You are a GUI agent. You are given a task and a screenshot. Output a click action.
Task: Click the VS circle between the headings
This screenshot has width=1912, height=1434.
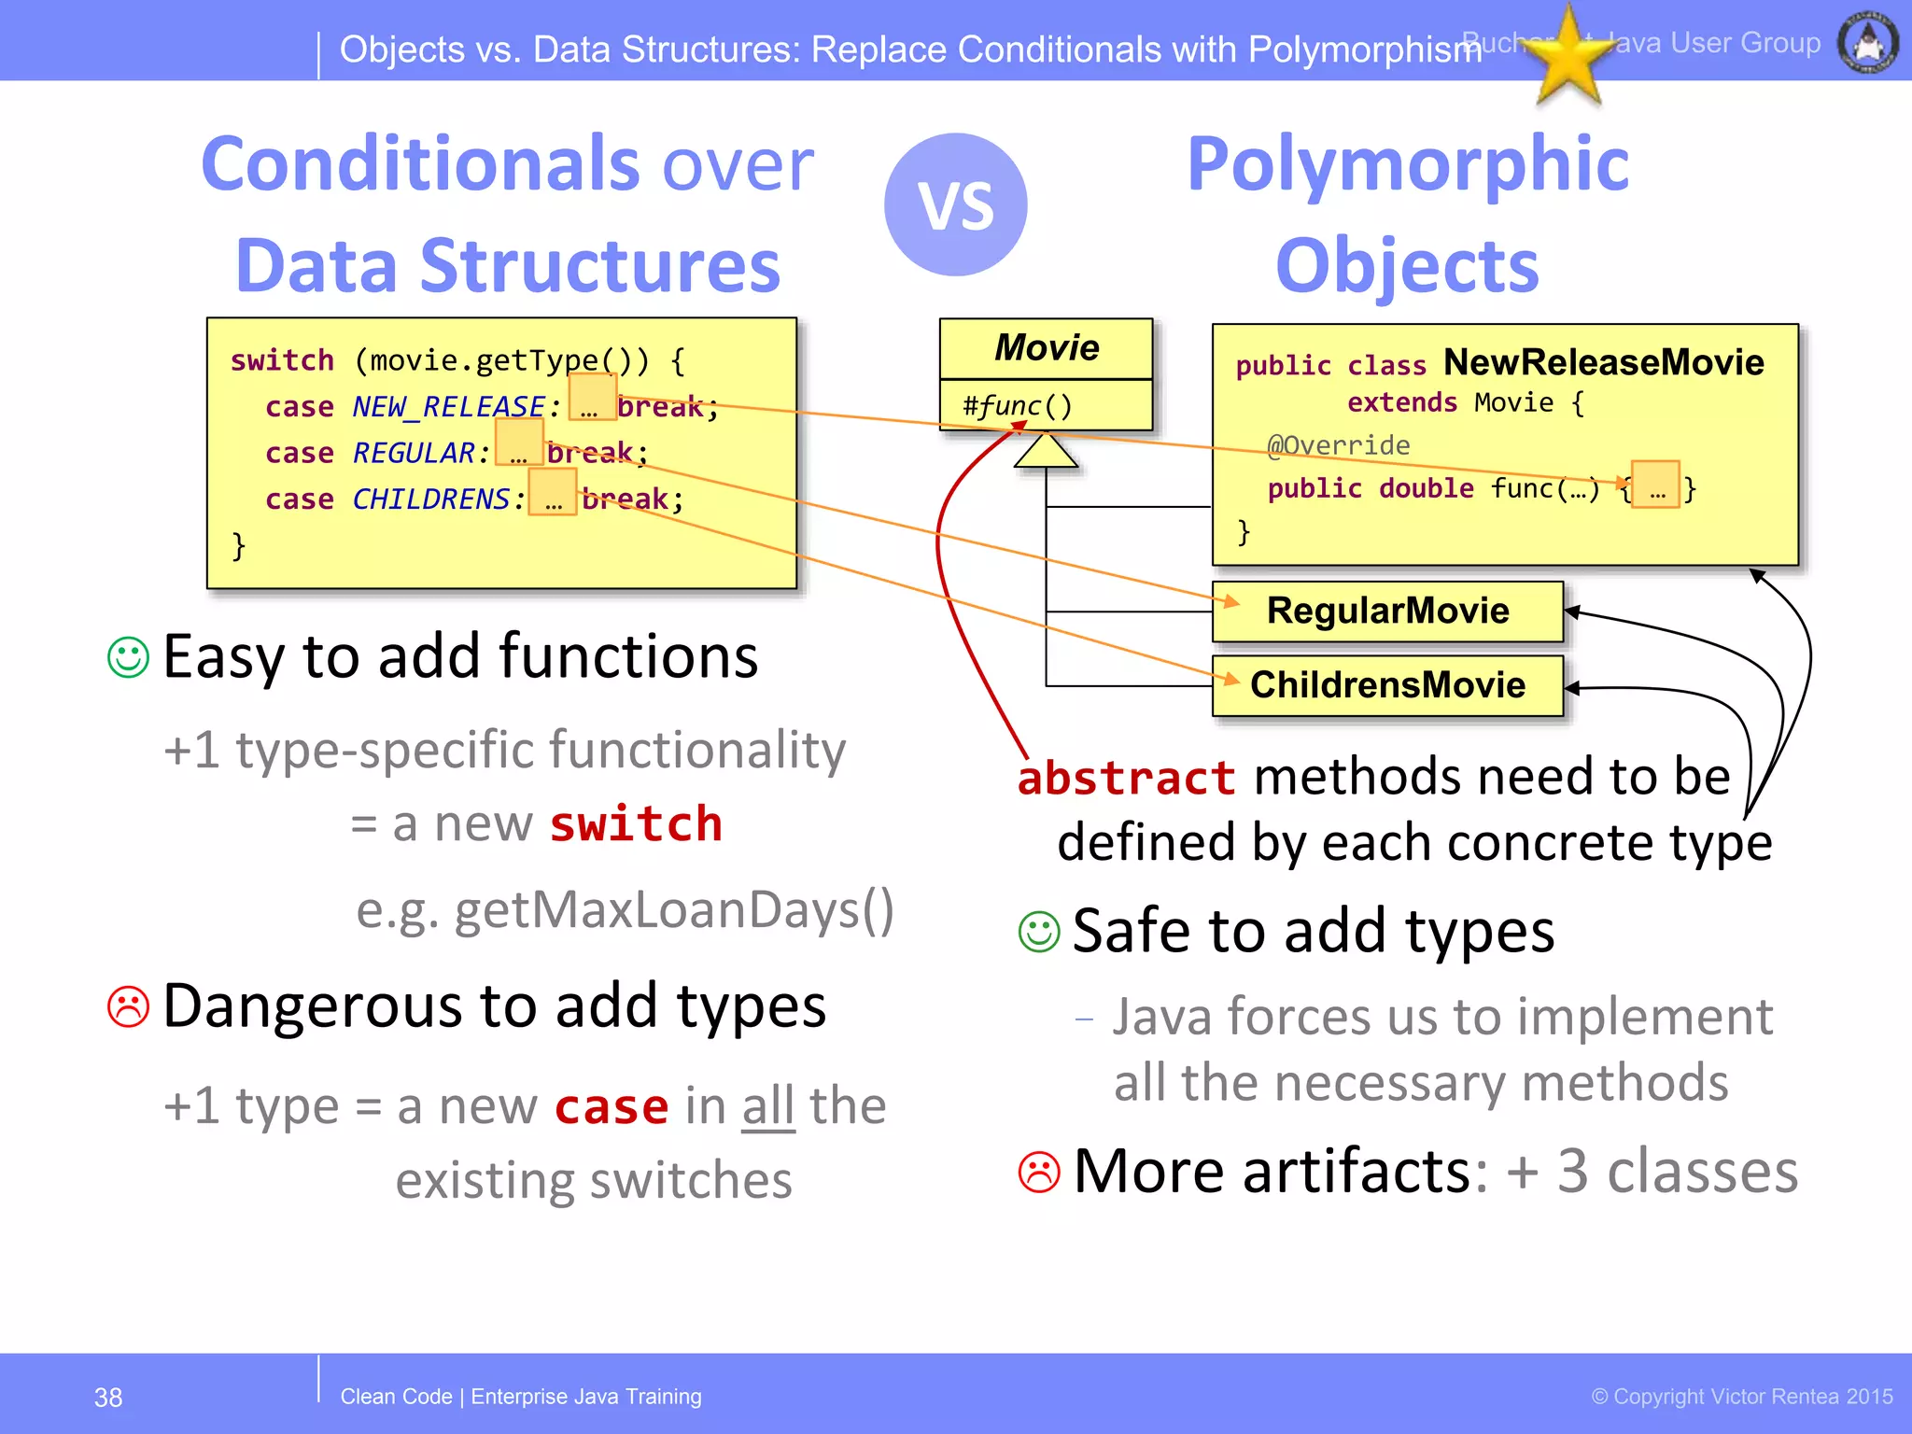click(x=955, y=204)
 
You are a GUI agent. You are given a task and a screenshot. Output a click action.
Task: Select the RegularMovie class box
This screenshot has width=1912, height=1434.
click(x=1387, y=612)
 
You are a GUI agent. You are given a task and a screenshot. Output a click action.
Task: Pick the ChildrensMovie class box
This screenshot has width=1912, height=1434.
click(x=1387, y=685)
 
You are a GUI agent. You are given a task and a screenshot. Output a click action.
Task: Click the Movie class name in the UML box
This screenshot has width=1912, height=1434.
click(x=1047, y=348)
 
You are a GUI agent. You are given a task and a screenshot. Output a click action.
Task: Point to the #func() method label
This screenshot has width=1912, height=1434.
click(x=1018, y=405)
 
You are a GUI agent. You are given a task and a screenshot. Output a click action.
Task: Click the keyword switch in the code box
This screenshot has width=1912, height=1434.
click(x=282, y=360)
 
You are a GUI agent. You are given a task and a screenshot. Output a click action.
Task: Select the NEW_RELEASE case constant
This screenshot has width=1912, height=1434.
click(x=448, y=406)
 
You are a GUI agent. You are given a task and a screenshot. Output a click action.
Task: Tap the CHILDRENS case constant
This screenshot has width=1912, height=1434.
click(x=430, y=499)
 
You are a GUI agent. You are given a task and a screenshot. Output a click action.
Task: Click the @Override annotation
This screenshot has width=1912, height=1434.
click(x=1338, y=445)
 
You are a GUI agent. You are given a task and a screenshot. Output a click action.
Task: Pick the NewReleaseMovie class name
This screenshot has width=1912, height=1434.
click(x=1603, y=362)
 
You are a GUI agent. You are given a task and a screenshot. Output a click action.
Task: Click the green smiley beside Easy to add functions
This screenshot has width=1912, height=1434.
click(x=129, y=657)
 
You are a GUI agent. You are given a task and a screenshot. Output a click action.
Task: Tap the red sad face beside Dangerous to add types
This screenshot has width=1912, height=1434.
click(x=129, y=1006)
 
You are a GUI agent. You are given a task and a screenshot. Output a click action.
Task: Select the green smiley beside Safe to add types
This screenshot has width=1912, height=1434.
click(x=1039, y=932)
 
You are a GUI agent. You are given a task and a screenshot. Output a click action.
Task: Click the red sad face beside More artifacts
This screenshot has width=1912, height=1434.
click(x=1039, y=1172)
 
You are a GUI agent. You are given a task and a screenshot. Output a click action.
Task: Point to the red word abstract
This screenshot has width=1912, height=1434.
click(x=1126, y=778)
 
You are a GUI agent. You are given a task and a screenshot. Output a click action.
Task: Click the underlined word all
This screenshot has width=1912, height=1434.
click(x=768, y=1107)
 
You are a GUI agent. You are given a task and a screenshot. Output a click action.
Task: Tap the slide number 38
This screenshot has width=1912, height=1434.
click(x=108, y=1398)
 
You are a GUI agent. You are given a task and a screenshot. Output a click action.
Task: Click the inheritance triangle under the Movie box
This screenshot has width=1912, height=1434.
click(x=1046, y=452)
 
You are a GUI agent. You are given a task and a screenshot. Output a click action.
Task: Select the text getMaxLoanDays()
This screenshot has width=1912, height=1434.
click(x=672, y=910)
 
